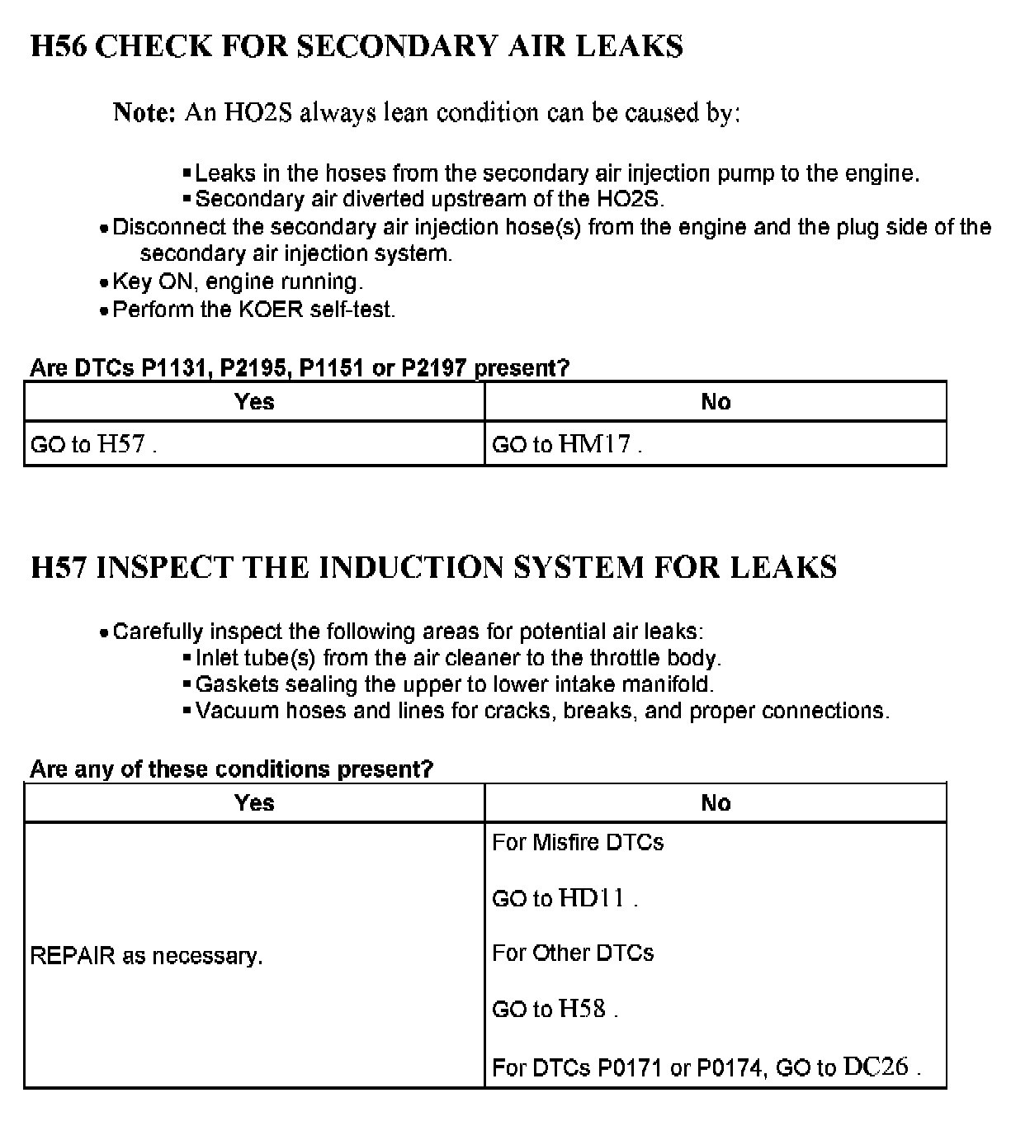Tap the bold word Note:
coord(144,112)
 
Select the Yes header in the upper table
coord(254,401)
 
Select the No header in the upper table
coord(716,401)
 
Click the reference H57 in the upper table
coord(121,444)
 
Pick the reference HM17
coord(594,444)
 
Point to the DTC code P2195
coord(253,368)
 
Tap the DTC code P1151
coord(331,368)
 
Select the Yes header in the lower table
coord(254,802)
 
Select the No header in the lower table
coord(716,802)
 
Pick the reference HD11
coord(592,898)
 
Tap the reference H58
coord(582,1008)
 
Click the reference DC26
coord(876,1067)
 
